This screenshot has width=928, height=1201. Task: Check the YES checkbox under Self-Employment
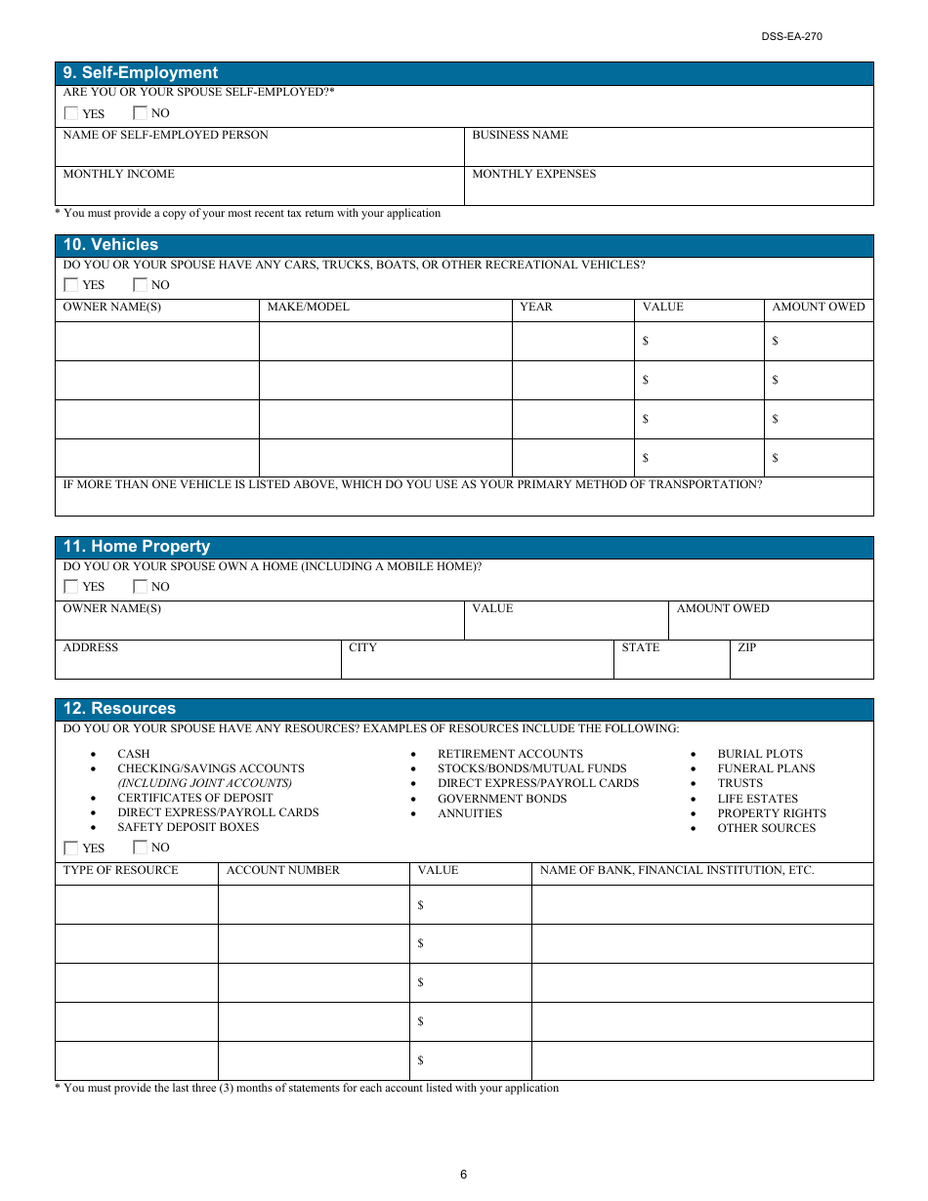71,113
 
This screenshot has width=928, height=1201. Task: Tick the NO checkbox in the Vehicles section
141,285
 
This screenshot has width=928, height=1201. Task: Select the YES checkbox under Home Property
71,587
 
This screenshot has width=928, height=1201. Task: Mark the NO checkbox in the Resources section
141,848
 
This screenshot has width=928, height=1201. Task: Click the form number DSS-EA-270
792,37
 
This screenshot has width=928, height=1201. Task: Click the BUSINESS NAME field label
520,135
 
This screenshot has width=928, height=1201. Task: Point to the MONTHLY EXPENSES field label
533,174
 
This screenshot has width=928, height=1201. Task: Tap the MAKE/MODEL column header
308,307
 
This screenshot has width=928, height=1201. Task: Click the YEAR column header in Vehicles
535,307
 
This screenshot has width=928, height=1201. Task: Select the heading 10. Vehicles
110,245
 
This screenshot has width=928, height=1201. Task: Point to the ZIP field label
747,647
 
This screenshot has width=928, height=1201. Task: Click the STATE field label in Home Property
641,647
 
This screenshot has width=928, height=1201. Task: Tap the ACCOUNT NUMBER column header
283,870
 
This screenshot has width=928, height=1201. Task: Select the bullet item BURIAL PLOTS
760,754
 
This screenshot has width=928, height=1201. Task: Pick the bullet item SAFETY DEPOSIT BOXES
189,827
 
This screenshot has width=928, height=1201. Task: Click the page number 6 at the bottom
464,1175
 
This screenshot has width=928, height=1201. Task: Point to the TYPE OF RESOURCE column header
120,870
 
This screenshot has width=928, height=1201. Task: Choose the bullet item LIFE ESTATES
757,799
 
